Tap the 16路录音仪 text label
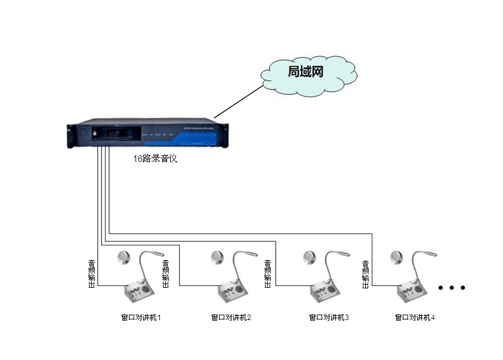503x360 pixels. [x=155, y=159]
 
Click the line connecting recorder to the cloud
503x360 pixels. [x=239, y=101]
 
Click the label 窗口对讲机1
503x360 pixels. [x=141, y=318]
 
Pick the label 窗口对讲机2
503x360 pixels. [x=231, y=318]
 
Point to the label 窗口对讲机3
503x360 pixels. [x=328, y=318]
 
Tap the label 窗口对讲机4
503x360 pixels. [x=415, y=318]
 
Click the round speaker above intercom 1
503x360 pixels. [x=124, y=257]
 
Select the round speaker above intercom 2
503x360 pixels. [x=217, y=257]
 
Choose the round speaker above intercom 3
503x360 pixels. [x=308, y=257]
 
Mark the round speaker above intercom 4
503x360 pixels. [x=397, y=257]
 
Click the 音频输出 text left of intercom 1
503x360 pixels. [x=92, y=273]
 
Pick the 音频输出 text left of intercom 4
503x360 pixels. [x=365, y=273]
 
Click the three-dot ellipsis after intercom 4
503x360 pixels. [x=452, y=288]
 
